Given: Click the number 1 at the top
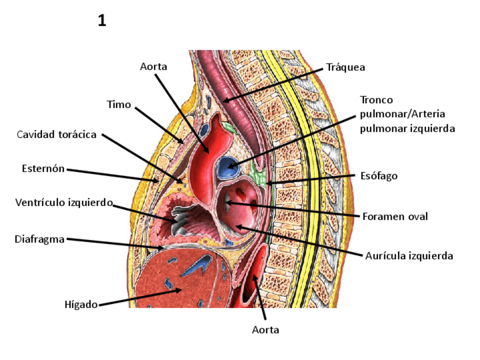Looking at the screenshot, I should point(102,22).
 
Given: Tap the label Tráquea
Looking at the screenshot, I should point(346,67).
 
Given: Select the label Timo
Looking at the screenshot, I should point(119,105).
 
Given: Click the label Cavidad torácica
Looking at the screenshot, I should point(57,135).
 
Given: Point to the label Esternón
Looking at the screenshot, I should point(44,168).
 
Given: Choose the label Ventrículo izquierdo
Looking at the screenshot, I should point(63,202).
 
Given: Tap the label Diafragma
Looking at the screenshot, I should point(40,239).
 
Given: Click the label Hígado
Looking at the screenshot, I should point(82,305).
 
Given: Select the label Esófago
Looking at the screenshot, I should point(379,175).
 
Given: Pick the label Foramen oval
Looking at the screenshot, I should point(395,216).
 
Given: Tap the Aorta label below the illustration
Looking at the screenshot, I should point(265,329).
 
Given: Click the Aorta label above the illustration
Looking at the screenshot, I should point(153,67).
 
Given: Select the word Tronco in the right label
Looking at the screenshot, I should point(376,100).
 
